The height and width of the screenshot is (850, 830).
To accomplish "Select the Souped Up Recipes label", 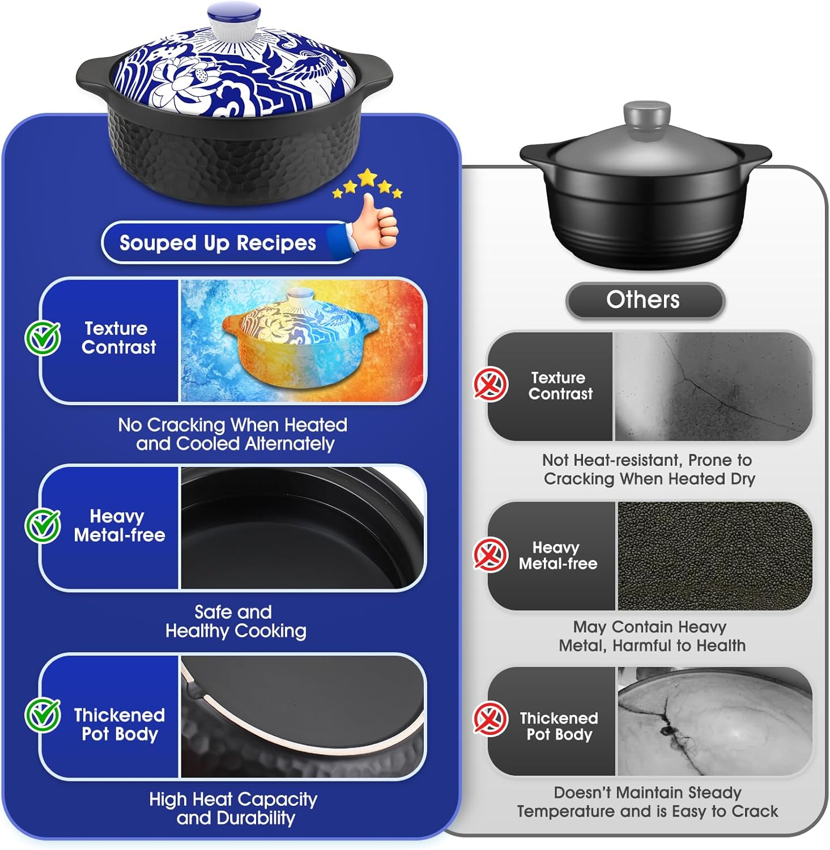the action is pos(218,243).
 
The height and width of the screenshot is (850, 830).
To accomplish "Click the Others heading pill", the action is pos(644,300).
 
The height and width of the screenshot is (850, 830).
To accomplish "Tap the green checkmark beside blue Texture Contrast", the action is pos(42,338).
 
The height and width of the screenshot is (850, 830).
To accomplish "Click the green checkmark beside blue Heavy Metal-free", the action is pos(42,525).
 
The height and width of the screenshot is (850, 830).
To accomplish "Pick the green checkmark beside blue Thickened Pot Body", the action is pos(42,715).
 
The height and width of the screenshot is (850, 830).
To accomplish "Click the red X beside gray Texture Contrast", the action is pos(490,384).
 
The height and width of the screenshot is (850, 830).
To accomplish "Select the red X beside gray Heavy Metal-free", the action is pos(490,554).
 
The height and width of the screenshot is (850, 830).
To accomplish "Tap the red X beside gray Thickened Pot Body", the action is pos(490,719).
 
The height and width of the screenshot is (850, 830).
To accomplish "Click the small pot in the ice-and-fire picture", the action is pos(300,329).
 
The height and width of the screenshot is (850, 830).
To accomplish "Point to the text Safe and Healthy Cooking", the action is pos(235,621).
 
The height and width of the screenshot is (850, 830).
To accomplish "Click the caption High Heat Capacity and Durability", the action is pos(233,808).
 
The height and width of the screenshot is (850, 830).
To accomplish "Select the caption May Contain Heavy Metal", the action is pos(651,636).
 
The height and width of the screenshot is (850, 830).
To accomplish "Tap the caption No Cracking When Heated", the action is pos(233,434).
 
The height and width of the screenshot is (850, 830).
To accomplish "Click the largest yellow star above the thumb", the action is pos(367,177).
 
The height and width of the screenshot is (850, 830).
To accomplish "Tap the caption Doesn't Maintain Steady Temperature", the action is pos(648,801).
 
